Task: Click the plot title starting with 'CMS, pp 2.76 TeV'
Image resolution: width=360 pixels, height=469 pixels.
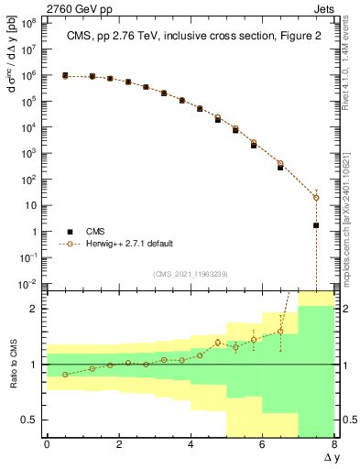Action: coord(190,36)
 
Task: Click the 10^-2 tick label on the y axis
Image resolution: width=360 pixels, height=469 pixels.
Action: coord(27,284)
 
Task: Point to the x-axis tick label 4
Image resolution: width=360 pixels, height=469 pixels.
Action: coord(191,445)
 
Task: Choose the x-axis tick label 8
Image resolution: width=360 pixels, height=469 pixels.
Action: coord(334,445)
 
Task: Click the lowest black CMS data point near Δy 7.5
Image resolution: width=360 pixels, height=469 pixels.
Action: coord(316,225)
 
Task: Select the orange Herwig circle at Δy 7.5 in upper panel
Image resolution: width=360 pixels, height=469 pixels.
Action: coord(316,198)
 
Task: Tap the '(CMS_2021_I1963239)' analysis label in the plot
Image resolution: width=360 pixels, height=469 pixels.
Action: coord(190,273)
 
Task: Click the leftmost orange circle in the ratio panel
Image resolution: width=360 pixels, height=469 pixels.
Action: coord(65,375)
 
